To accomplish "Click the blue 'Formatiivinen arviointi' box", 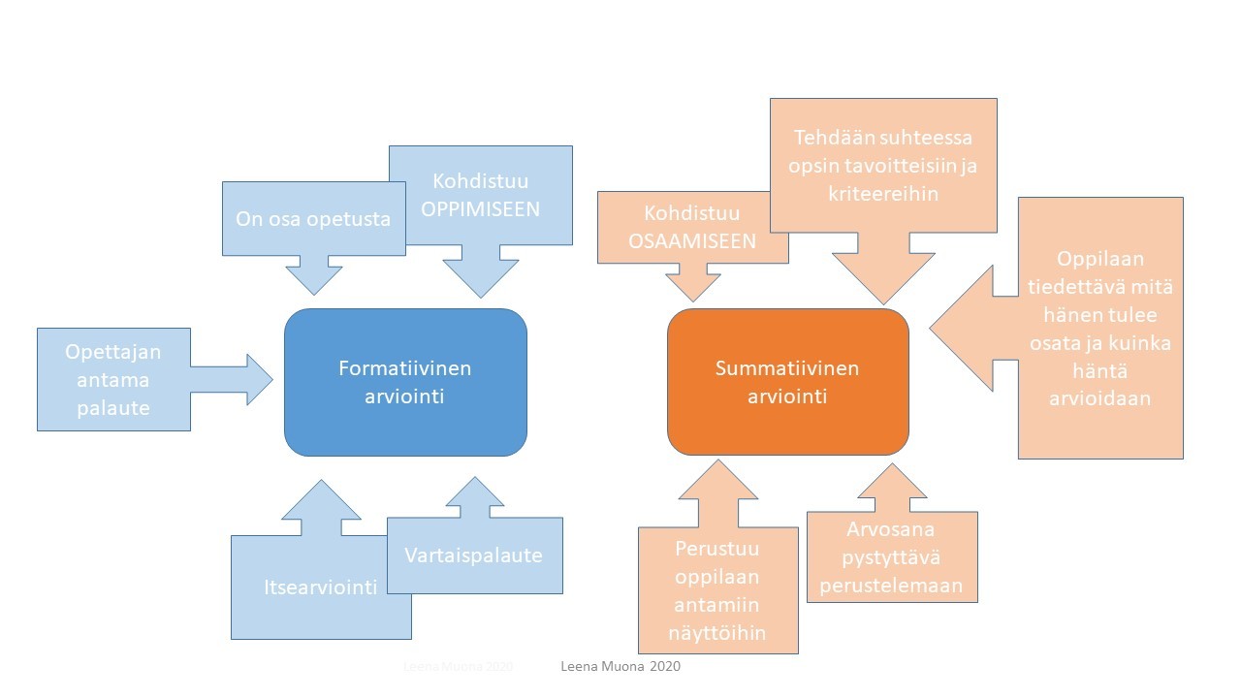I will [405, 382].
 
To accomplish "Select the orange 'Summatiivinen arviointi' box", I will [787, 382].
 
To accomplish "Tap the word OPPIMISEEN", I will [481, 208].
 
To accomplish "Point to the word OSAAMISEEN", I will [691, 241].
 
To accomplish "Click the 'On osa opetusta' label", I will [313, 219].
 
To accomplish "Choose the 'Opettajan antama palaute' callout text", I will [113, 379].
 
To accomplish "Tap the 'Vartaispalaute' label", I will [474, 555].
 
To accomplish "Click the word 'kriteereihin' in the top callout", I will [882, 194].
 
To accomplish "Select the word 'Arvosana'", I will [892, 529].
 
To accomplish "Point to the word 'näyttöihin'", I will [718, 632].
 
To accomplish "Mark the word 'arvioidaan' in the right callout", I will [1099, 397].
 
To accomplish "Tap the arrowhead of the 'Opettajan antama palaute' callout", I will [260, 379].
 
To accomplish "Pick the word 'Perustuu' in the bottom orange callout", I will [717, 548].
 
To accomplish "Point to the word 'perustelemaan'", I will [891, 586].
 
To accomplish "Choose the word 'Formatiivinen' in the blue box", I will [405, 368].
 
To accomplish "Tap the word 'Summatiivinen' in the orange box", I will [787, 368].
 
